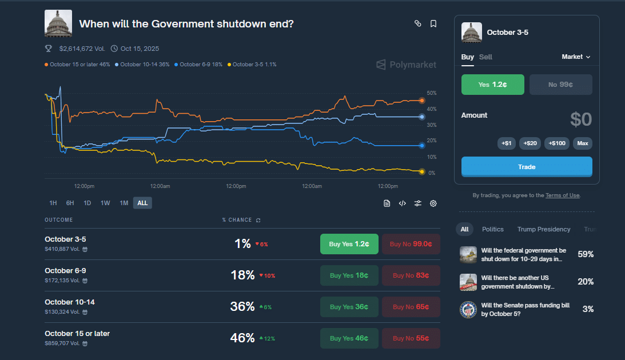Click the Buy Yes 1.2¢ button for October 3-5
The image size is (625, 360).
click(x=349, y=244)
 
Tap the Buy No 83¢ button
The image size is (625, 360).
click(x=411, y=275)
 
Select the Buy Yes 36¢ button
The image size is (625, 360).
click(x=349, y=307)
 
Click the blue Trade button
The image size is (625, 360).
click(x=527, y=167)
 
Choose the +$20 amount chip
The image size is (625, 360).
click(x=530, y=143)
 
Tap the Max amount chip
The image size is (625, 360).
click(x=582, y=143)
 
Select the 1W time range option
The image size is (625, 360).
click(x=105, y=203)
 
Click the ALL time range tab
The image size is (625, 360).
click(x=142, y=203)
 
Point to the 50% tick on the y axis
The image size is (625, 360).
click(x=432, y=93)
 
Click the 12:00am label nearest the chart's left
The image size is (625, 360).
click(x=160, y=186)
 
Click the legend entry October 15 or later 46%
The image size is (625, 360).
click(x=77, y=65)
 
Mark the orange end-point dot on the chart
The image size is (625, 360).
click(x=422, y=101)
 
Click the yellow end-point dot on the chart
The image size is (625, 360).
click(x=422, y=171)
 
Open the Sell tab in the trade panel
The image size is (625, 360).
click(x=485, y=57)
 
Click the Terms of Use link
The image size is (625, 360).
click(x=562, y=195)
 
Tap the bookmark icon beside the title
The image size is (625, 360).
click(x=433, y=23)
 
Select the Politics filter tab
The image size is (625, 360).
click(x=492, y=229)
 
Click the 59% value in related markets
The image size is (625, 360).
click(x=586, y=254)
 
